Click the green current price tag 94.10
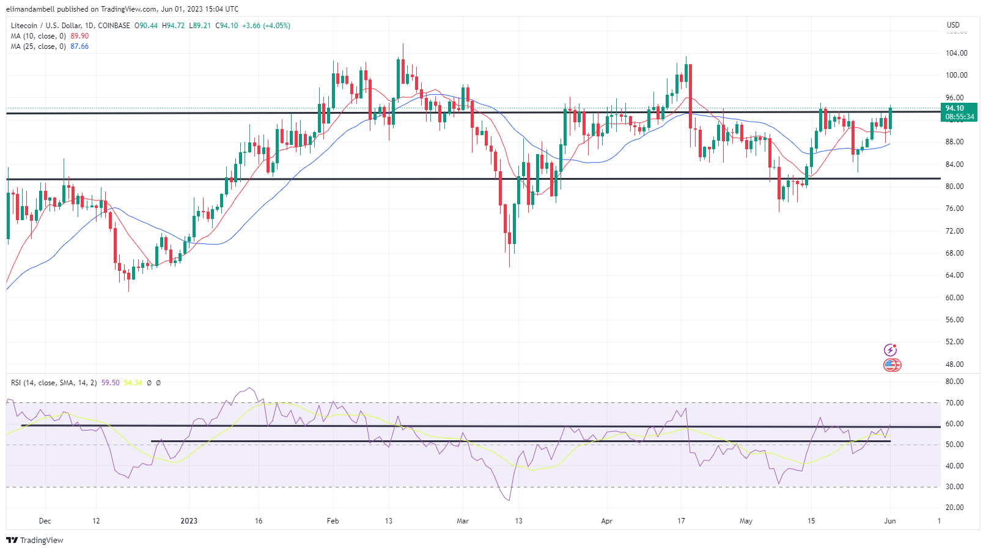point(954,108)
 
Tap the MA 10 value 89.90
point(79,36)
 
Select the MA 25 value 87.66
point(79,46)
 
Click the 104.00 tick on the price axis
point(956,53)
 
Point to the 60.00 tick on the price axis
point(956,298)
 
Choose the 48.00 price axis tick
point(956,364)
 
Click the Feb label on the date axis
point(333,521)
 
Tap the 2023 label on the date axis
point(189,521)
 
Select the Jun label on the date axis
point(890,521)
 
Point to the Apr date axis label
point(606,521)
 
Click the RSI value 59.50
point(110,383)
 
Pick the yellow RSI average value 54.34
point(133,383)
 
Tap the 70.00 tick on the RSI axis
point(954,403)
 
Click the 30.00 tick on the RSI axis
point(954,487)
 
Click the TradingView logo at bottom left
point(35,541)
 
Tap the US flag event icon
point(891,365)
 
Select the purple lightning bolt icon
point(890,350)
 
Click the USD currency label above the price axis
point(953,25)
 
